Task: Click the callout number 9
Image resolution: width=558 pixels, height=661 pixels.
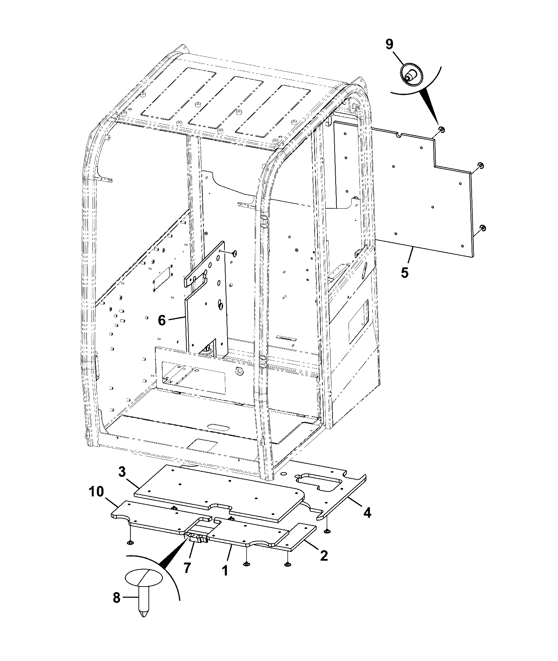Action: (x=389, y=44)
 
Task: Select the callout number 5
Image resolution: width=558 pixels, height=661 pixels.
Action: (x=405, y=273)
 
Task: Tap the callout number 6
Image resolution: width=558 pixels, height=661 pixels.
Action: (x=162, y=320)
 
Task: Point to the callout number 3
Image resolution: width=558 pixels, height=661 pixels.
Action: (x=122, y=472)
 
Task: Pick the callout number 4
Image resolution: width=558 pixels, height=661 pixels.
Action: (x=367, y=513)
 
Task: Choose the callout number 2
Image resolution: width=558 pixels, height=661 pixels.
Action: (x=324, y=555)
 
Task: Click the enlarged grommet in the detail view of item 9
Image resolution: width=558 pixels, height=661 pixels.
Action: (x=410, y=76)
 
